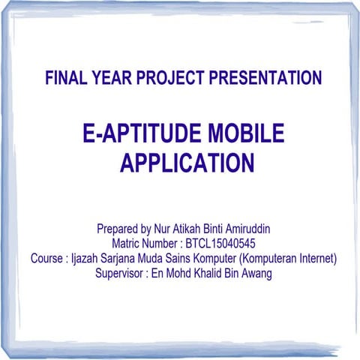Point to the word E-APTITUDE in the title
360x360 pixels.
point(140,133)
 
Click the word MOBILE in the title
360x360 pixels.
point(244,133)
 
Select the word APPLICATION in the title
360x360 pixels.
point(187,162)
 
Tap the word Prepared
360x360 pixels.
point(118,228)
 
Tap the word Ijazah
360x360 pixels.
point(86,259)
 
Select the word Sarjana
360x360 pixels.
point(123,259)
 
